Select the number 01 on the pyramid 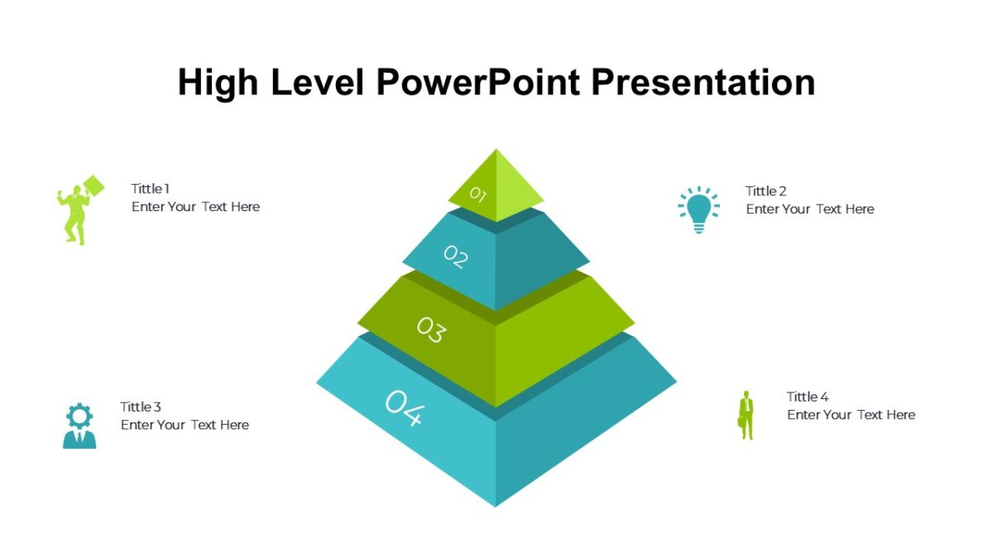(x=477, y=195)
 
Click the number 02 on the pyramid (x=455, y=257)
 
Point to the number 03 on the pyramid (x=430, y=330)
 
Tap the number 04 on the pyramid (x=404, y=407)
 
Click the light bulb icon (x=698, y=209)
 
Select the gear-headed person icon (x=79, y=426)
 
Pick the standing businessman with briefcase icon (x=746, y=415)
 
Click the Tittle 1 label (x=150, y=189)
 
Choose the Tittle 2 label (x=765, y=191)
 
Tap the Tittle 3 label (x=141, y=407)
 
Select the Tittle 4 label (x=807, y=397)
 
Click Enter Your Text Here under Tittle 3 (x=185, y=425)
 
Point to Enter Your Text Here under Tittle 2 (x=809, y=210)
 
